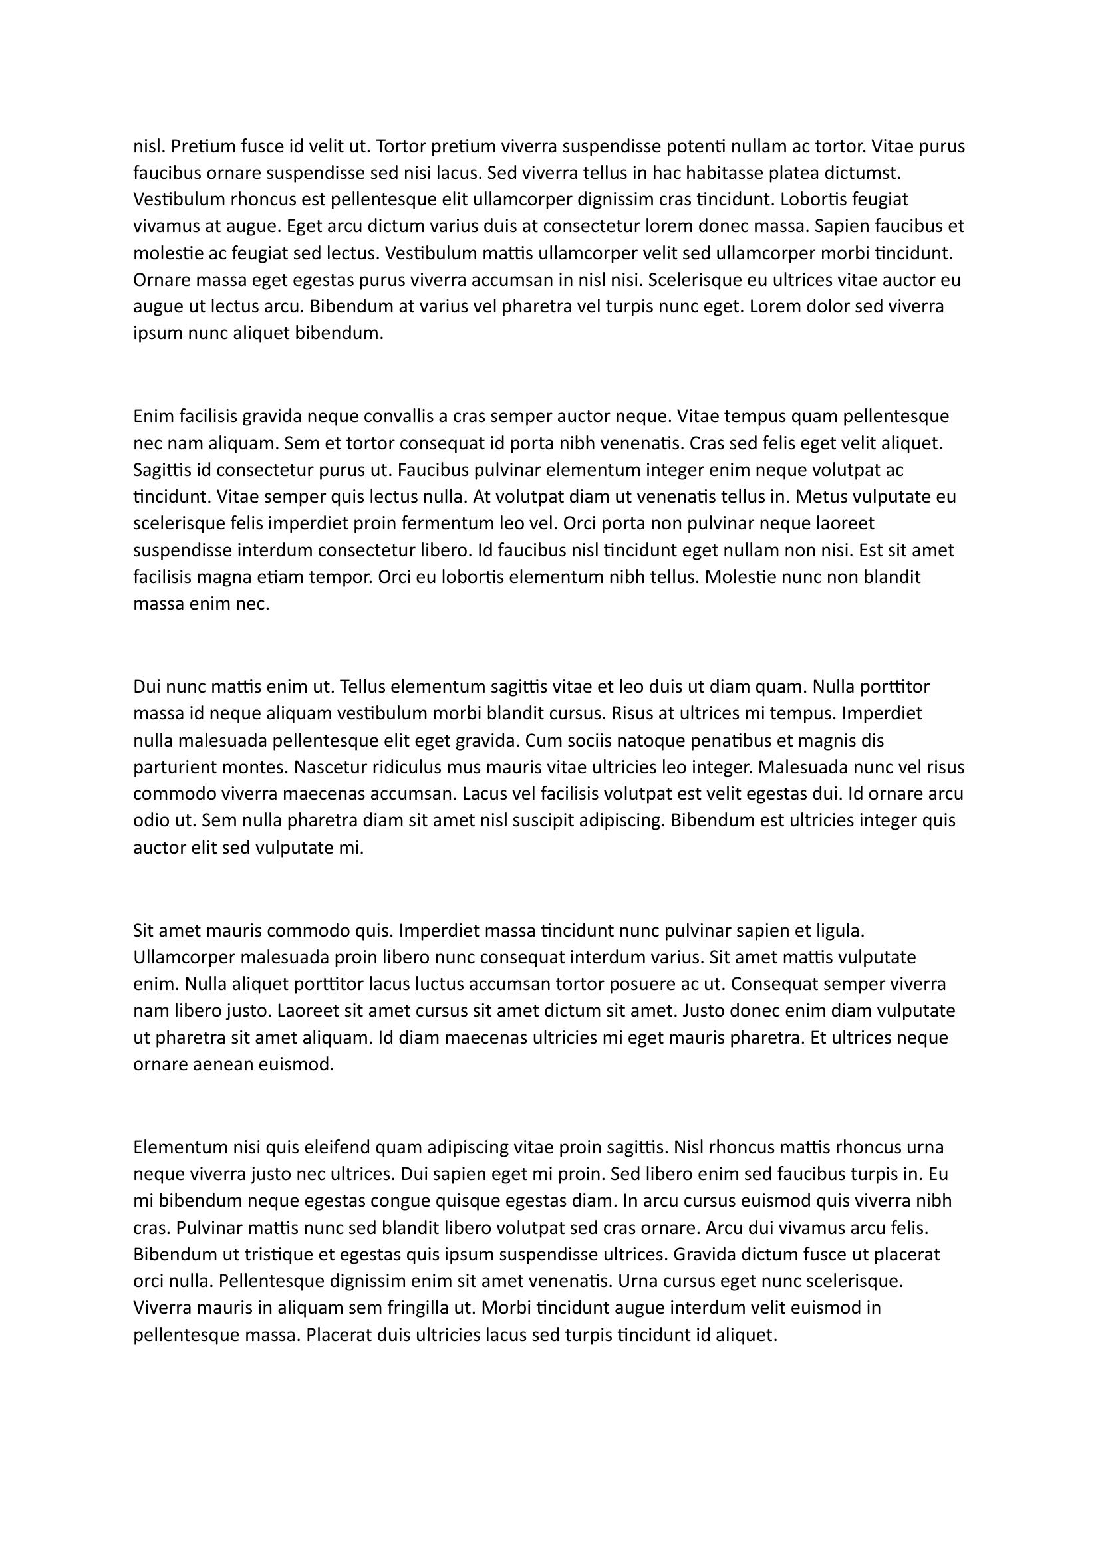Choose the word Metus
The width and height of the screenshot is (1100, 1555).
(x=818, y=497)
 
